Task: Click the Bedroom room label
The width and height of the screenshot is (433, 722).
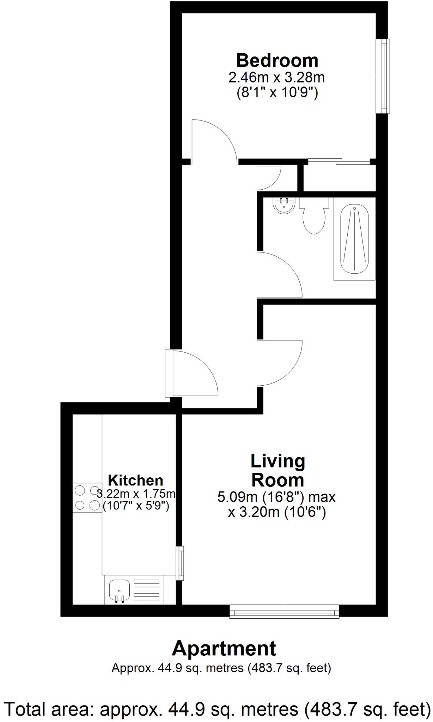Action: pyautogui.click(x=277, y=61)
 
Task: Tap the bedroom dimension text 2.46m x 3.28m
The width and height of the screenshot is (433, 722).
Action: pyautogui.click(x=276, y=77)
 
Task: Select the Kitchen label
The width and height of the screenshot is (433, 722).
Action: pyautogui.click(x=135, y=481)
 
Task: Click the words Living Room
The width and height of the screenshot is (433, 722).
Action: pyautogui.click(x=278, y=471)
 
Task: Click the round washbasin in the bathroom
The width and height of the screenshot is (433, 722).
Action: pyautogui.click(x=284, y=206)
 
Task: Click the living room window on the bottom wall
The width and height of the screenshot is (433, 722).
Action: pyautogui.click(x=284, y=611)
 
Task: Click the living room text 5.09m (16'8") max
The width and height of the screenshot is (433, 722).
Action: pyautogui.click(x=276, y=497)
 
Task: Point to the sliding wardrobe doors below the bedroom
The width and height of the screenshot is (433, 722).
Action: pyautogui.click(x=339, y=161)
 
